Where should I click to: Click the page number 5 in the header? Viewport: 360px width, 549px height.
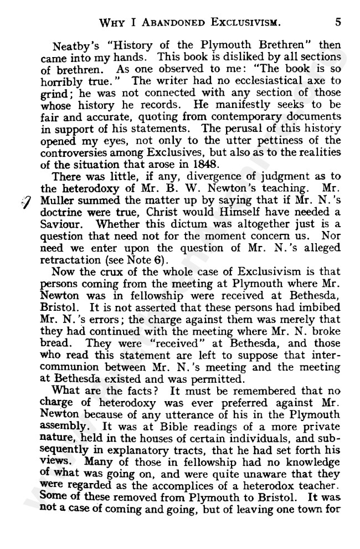tap(337, 22)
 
